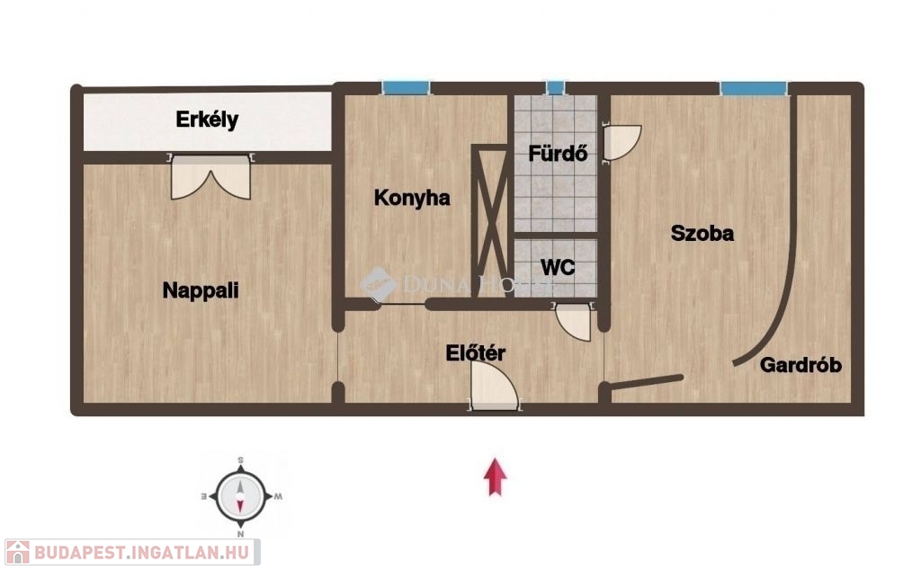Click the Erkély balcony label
[207, 120]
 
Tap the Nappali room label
[201, 290]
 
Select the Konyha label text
[412, 198]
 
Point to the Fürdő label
[558, 153]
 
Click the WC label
[558, 267]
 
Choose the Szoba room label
[702, 233]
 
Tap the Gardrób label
[800, 365]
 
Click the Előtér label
[475, 352]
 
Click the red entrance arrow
[496, 476]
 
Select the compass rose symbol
[241, 496]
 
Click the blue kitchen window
[406, 88]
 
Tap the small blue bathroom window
[555, 88]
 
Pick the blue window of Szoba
[754, 88]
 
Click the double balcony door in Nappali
[210, 176]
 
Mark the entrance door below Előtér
[494, 386]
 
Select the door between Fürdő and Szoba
[621, 143]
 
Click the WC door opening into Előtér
[573, 321]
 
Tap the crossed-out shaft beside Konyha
[490, 220]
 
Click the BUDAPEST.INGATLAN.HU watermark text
[141, 552]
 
